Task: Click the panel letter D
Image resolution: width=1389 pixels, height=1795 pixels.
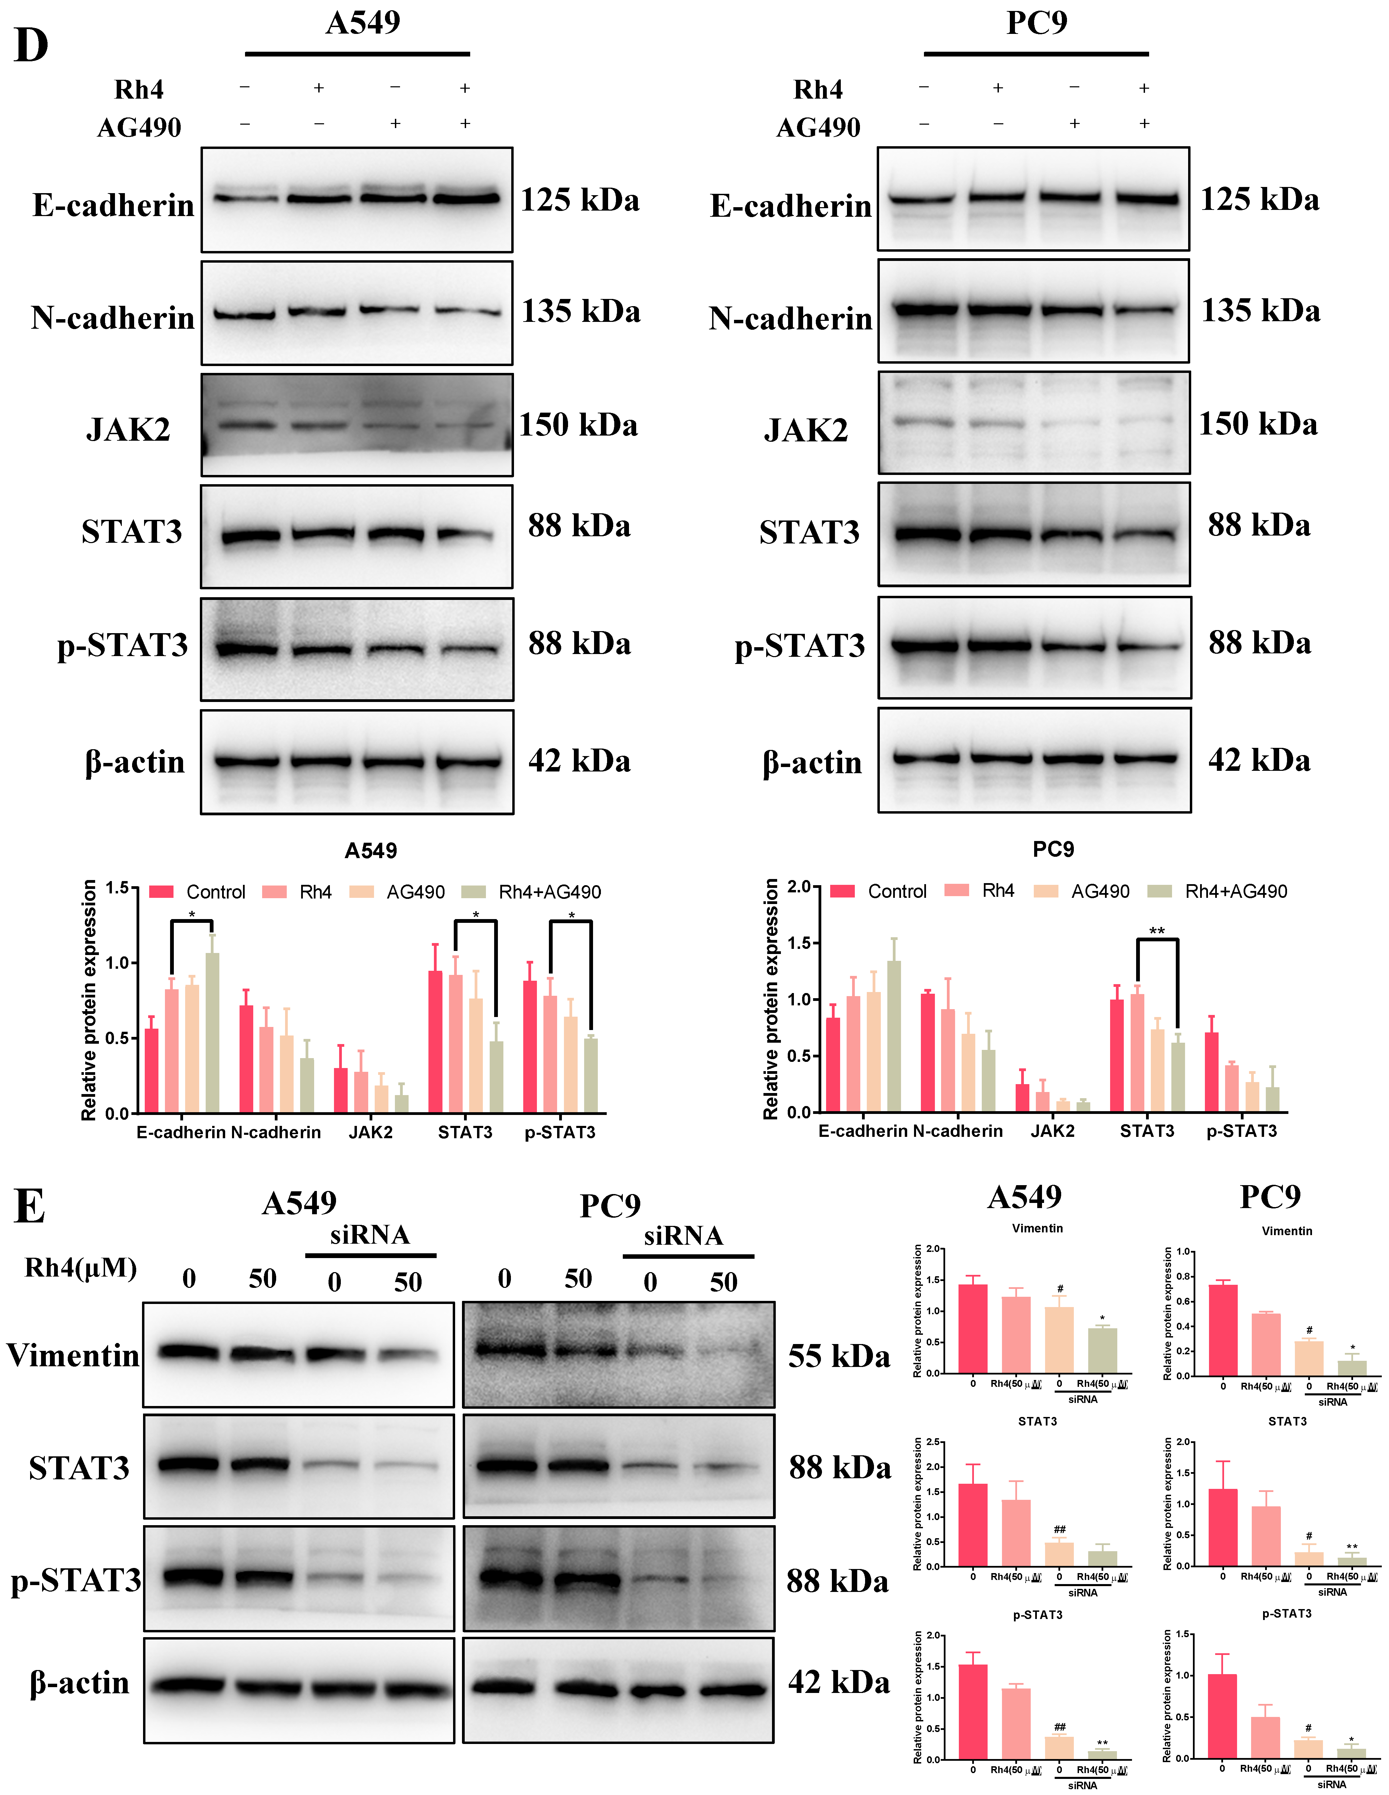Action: pos(31,47)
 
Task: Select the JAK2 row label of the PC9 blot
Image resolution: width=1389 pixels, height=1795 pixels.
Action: pos(806,430)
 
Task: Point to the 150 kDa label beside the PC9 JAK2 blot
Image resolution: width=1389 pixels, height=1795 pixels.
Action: pos(1258,424)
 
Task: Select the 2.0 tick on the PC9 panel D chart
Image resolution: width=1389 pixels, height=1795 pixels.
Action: pos(798,887)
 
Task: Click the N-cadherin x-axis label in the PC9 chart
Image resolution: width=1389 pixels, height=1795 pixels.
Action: pos(958,1131)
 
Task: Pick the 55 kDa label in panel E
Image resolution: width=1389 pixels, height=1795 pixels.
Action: pos(839,1356)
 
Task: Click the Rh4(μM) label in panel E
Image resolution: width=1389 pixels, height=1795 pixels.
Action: pos(80,1267)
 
